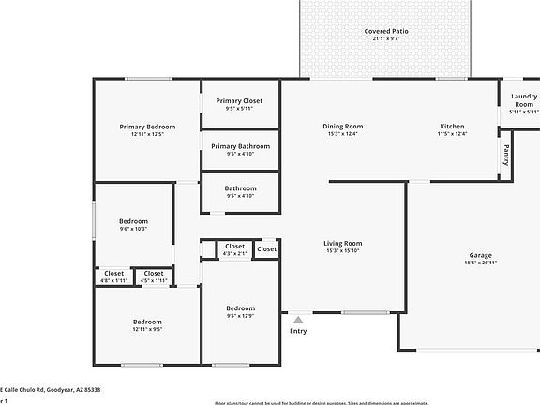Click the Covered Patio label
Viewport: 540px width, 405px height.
pyautogui.click(x=386, y=32)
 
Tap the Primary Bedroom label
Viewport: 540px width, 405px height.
pyautogui.click(x=147, y=127)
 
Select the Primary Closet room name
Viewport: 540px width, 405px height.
pyautogui.click(x=239, y=101)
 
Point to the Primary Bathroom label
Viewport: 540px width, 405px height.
pyautogui.click(x=240, y=146)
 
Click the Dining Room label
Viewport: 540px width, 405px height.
pyautogui.click(x=342, y=127)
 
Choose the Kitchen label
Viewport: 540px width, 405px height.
pyautogui.click(x=453, y=127)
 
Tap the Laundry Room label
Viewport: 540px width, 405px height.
pyautogui.click(x=524, y=99)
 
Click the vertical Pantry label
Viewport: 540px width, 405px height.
pyautogui.click(x=506, y=155)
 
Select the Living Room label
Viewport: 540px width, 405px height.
pyautogui.click(x=342, y=244)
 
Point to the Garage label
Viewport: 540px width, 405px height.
pyautogui.click(x=481, y=255)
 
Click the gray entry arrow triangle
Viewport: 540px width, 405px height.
pyautogui.click(x=298, y=320)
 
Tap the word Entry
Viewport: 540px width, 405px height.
pyautogui.click(x=298, y=331)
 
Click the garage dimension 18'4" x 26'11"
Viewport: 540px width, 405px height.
pyautogui.click(x=481, y=263)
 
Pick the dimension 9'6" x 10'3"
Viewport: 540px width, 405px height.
pyautogui.click(x=133, y=230)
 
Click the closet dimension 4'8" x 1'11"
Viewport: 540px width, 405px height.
pyautogui.click(x=113, y=280)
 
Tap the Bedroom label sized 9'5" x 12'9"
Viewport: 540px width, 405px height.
pyautogui.click(x=240, y=308)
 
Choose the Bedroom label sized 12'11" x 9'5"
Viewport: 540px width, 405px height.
pyautogui.click(x=147, y=322)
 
